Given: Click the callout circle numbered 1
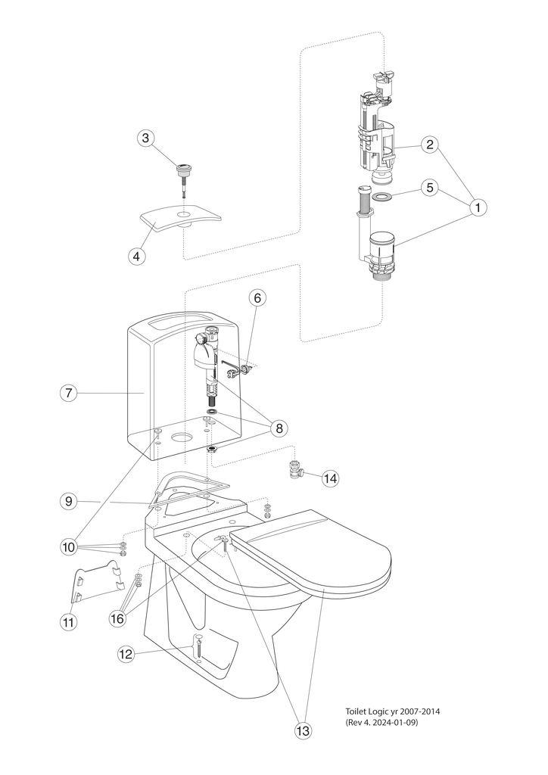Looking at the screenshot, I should (x=478, y=206).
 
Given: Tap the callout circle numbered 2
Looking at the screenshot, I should (x=430, y=145).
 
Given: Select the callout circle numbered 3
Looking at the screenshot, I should (x=147, y=139).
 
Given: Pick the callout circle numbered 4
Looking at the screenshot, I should (x=136, y=256).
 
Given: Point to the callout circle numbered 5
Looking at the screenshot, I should (x=430, y=188).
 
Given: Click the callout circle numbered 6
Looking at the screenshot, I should (x=257, y=299).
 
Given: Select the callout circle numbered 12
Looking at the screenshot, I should (x=125, y=653).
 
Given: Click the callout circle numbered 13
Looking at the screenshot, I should (x=304, y=730).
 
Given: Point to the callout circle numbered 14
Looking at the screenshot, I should (x=331, y=478).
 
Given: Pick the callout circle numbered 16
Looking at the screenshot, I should (x=117, y=618).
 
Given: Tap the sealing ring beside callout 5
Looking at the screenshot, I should (x=383, y=197).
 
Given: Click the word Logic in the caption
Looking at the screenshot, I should (x=379, y=711).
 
